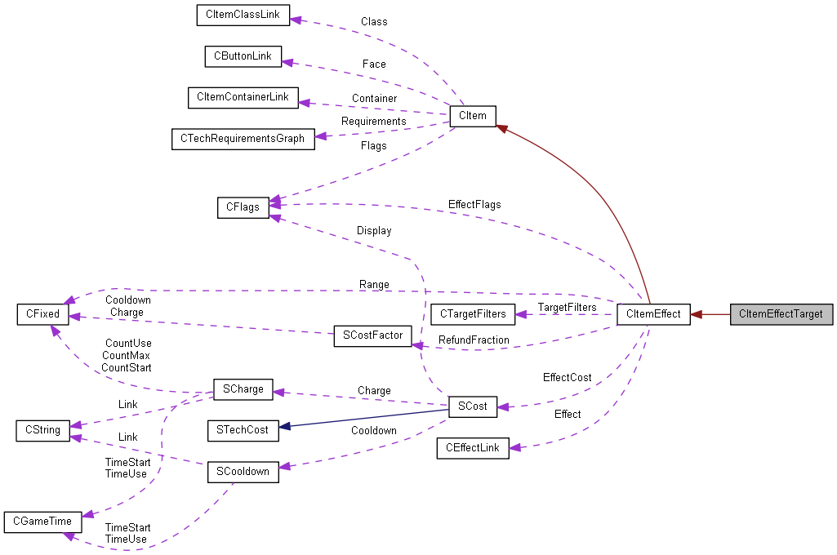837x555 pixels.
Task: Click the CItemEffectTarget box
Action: click(x=781, y=314)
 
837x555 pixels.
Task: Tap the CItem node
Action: click(x=473, y=116)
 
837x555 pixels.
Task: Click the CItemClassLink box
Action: click(x=243, y=16)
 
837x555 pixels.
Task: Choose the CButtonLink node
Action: click(x=243, y=56)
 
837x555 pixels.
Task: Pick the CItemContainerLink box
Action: click(x=243, y=97)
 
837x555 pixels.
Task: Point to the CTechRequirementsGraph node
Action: click(x=243, y=139)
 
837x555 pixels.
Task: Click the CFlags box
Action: click(x=243, y=207)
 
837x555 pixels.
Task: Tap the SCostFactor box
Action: click(x=372, y=336)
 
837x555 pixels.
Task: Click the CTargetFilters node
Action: click(x=473, y=314)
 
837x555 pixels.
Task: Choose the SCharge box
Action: click(x=243, y=389)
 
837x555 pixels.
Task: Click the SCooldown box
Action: click(x=243, y=472)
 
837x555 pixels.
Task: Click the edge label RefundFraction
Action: click(x=474, y=340)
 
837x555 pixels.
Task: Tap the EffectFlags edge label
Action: click(x=474, y=204)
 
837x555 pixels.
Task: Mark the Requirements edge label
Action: click(x=373, y=122)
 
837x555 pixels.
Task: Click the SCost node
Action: click(x=473, y=406)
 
